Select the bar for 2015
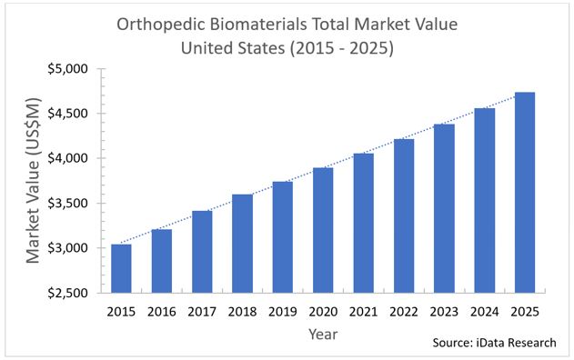coord(121,268)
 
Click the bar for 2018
coord(242,244)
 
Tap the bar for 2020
coord(323,230)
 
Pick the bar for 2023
coord(445,208)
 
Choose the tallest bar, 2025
coord(525,193)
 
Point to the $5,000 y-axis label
coord(67,69)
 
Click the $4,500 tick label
coord(67,114)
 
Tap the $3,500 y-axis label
coord(67,204)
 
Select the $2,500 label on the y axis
coord(67,293)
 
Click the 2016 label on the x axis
coord(161,312)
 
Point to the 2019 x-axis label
coord(283,312)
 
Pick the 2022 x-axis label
coord(404,312)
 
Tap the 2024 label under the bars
coord(485,312)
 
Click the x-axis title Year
coord(323,334)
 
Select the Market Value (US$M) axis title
coord(33,180)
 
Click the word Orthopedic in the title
coord(160,25)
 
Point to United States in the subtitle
coord(233,48)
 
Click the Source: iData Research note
coord(494,343)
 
